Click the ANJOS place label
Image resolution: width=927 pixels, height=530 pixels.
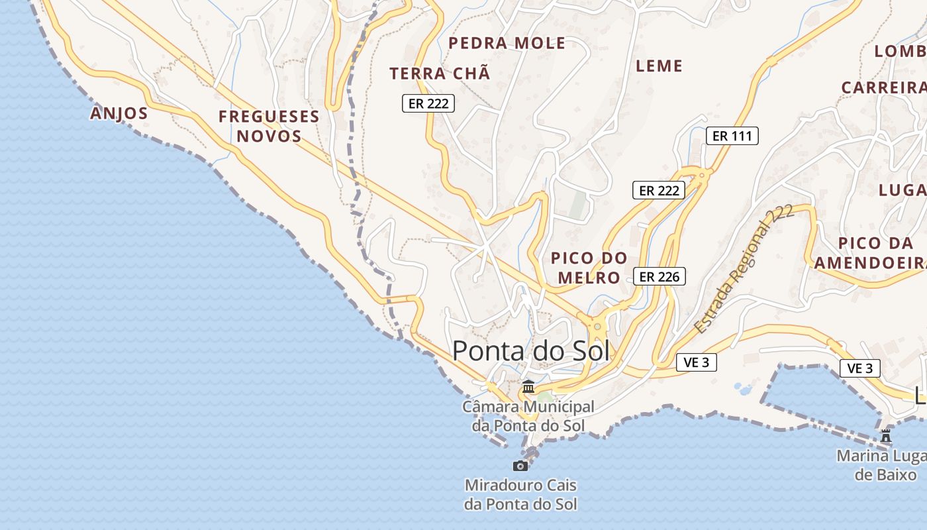119,113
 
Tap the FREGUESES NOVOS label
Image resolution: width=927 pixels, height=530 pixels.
269,127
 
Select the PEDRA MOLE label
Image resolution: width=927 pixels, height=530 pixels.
507,44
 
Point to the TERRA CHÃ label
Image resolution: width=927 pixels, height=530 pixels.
440,74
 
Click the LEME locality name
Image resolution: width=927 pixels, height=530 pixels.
659,66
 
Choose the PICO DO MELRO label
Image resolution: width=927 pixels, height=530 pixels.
589,267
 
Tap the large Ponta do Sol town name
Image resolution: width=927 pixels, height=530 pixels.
530,351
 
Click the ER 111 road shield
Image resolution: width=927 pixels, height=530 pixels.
732,136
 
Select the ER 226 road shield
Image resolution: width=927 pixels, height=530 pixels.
659,276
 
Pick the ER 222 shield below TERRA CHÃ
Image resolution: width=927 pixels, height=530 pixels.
428,103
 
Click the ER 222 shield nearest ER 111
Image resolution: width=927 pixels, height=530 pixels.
658,190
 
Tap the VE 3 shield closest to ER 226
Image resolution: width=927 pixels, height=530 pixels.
697,362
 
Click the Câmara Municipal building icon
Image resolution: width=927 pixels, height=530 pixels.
528,386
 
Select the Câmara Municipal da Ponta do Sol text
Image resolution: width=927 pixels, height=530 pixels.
528,416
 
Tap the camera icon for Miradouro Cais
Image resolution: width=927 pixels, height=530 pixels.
520,466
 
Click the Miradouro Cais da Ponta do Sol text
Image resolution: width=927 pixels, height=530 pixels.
520,494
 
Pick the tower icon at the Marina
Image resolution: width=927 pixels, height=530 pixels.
886,436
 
